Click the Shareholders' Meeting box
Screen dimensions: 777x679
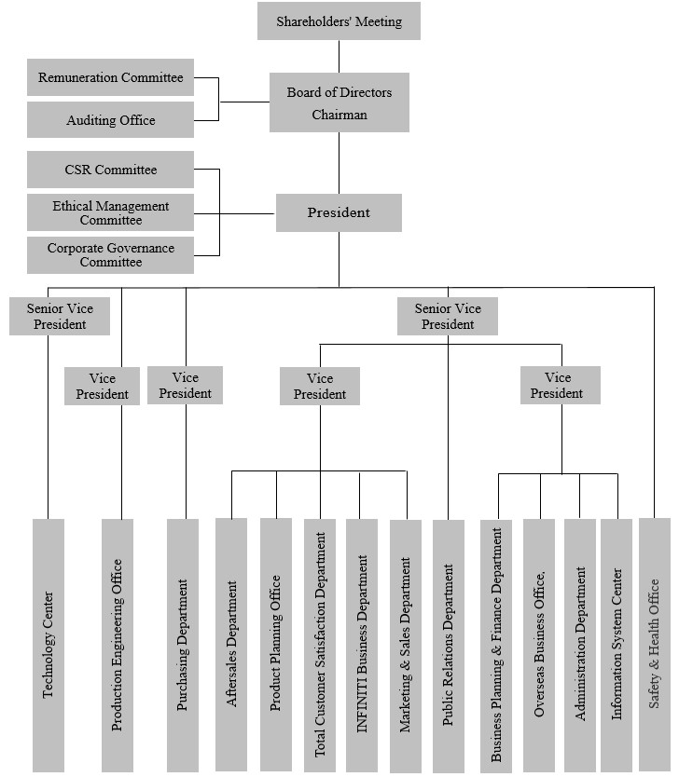pos(339,20)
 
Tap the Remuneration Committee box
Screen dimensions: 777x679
pos(110,77)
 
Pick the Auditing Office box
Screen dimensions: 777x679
pos(110,120)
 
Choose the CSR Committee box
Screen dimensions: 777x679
pos(110,170)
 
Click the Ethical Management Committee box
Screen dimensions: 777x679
pos(110,212)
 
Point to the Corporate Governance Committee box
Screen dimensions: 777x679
pos(110,254)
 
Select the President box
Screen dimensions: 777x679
pos(339,212)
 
